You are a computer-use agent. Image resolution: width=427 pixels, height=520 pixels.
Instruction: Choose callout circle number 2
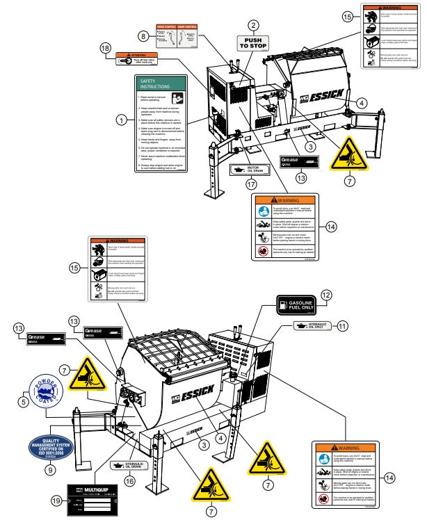pyautogui.click(x=254, y=25)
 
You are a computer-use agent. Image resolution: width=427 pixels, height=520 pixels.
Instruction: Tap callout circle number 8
pyautogui.click(x=143, y=35)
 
